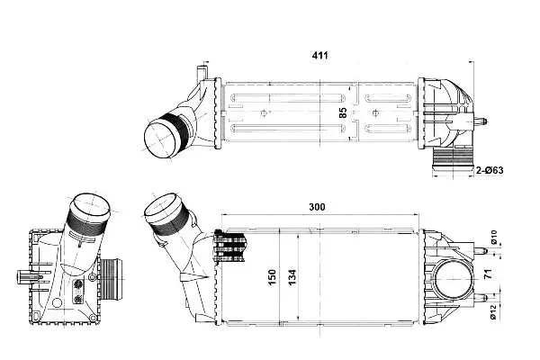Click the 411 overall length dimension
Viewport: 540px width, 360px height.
[x=319, y=55]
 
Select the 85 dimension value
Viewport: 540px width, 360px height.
[x=343, y=112]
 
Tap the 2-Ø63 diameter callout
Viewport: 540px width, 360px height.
[x=490, y=170]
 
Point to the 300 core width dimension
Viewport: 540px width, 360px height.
[x=317, y=207]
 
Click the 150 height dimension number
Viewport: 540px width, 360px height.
[x=272, y=277]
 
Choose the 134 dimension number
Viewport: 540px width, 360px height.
[x=292, y=277]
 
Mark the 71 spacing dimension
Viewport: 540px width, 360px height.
[x=489, y=274]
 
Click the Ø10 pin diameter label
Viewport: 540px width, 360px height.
[x=494, y=238]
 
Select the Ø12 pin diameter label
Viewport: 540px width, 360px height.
[x=494, y=312]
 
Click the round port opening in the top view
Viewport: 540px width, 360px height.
[x=162, y=139]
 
